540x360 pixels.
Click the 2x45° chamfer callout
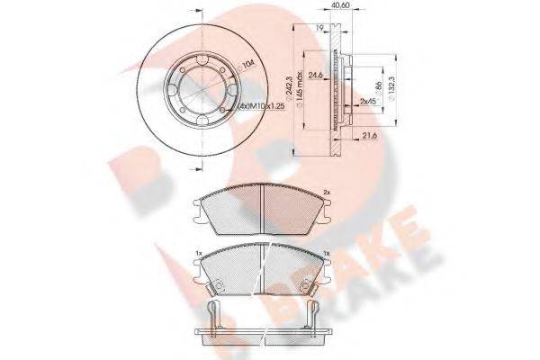tap(366, 103)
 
